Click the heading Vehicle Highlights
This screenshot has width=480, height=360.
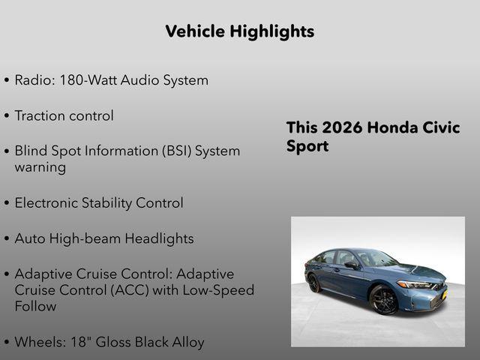click(239, 31)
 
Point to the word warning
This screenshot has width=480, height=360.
click(40, 166)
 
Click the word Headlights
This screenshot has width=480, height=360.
click(159, 238)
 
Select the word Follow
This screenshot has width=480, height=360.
click(35, 306)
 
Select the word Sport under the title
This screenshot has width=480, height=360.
click(307, 146)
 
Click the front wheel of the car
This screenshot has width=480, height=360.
click(383, 299)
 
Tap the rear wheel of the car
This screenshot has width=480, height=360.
click(313, 283)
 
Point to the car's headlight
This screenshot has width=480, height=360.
click(414, 285)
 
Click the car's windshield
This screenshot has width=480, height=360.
click(376, 259)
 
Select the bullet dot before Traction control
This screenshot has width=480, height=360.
click(7, 116)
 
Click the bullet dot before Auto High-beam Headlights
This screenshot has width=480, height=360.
click(7, 239)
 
